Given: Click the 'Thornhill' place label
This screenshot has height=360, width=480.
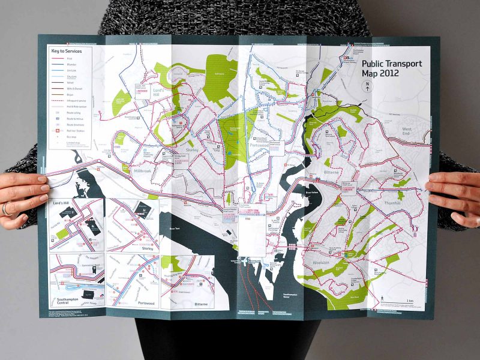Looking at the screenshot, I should [x=397, y=203].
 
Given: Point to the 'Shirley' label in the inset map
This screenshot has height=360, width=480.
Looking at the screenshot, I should [x=147, y=247].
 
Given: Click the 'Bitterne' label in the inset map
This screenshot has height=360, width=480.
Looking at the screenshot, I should [x=200, y=304].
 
